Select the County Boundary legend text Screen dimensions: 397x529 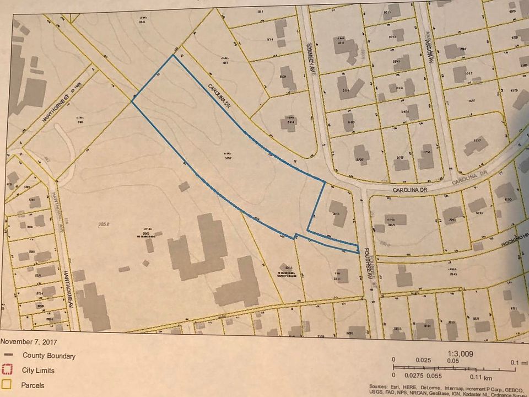click(48, 356)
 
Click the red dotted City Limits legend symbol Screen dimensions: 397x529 click(6, 371)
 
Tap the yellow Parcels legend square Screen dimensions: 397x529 click(6, 385)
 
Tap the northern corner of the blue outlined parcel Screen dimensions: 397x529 click(174, 55)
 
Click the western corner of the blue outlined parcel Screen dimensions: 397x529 click(132, 101)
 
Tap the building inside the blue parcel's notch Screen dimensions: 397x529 click(337, 213)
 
